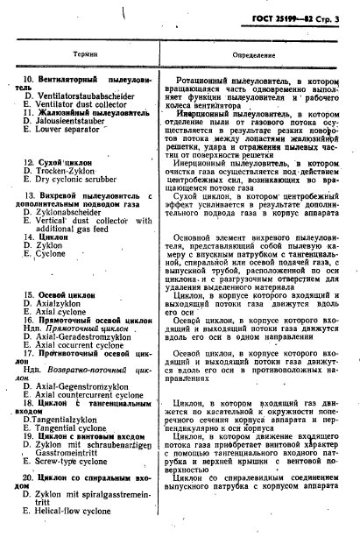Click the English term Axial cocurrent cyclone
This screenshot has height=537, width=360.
(x=88, y=346)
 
